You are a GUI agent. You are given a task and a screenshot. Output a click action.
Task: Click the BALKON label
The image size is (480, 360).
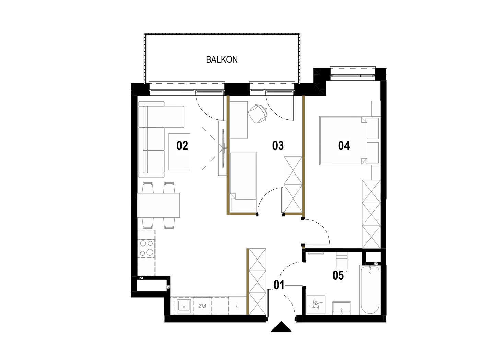(222, 59)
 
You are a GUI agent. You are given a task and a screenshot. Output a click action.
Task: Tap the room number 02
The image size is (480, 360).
(182, 146)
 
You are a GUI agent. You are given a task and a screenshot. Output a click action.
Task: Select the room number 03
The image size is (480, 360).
(278, 146)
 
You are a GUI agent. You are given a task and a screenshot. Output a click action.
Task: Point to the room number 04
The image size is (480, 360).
(344, 146)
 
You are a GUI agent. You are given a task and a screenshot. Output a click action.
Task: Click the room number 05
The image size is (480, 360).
(338, 275)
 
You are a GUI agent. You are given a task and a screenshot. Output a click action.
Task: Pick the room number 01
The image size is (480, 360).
(279, 285)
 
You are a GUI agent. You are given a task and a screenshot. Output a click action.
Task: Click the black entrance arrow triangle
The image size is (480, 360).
(281, 327)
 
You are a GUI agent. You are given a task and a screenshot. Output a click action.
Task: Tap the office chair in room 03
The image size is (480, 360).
(258, 113)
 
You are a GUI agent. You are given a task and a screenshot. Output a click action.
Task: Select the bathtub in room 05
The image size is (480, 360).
(370, 290)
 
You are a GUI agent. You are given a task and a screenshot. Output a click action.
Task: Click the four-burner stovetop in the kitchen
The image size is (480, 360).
(147, 248)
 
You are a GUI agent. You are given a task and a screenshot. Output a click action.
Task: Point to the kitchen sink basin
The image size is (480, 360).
(184, 306)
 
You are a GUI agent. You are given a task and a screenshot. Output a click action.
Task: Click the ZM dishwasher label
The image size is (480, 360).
(202, 306)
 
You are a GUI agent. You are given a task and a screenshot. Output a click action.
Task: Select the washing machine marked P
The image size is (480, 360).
(316, 305)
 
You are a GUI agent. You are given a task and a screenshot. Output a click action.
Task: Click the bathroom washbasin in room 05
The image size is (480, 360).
(342, 308)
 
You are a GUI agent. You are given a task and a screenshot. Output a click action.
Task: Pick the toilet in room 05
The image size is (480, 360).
(341, 262)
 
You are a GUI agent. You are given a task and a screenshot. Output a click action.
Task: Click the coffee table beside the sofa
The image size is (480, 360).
(179, 152)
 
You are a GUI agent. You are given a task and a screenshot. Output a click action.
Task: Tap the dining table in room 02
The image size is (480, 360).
(159, 205)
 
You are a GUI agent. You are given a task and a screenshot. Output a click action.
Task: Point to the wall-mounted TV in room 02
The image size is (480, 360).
(223, 148)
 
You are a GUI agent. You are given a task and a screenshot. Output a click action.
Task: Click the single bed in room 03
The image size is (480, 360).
(243, 181)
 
